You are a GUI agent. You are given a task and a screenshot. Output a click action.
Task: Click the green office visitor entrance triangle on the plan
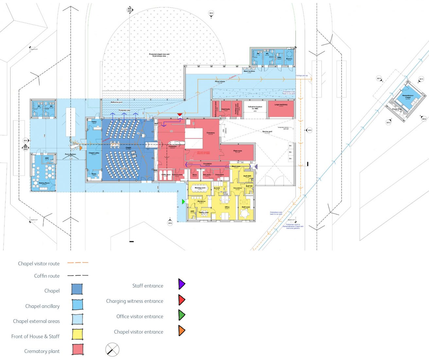(183, 202)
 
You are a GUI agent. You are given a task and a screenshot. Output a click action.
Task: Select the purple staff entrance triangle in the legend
(181, 284)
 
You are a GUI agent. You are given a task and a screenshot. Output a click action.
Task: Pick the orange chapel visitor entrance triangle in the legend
(181, 331)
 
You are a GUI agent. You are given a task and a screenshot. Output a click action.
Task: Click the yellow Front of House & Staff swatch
(77, 334)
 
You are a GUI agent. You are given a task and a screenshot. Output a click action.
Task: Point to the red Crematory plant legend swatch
(77, 350)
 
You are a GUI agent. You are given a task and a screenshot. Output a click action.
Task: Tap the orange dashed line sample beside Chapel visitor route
(78, 263)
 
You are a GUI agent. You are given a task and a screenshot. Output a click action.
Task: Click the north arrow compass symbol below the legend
(112, 350)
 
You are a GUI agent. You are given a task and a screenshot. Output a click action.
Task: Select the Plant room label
(238, 151)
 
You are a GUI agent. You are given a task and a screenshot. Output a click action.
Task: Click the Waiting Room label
(44, 183)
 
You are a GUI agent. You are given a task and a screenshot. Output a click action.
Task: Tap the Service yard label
(267, 132)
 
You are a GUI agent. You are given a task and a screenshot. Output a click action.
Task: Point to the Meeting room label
(200, 188)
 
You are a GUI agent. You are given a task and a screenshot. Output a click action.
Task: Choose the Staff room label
(246, 207)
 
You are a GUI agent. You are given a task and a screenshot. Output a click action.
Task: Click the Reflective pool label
(116, 102)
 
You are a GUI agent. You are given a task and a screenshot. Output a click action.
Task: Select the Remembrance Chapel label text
(408, 96)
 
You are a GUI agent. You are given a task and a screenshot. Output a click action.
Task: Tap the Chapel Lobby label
(94, 153)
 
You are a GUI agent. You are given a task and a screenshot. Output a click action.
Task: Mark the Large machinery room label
(281, 105)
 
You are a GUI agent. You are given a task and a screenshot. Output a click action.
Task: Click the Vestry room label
(94, 122)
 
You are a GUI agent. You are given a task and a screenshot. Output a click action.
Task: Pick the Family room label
(204, 212)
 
